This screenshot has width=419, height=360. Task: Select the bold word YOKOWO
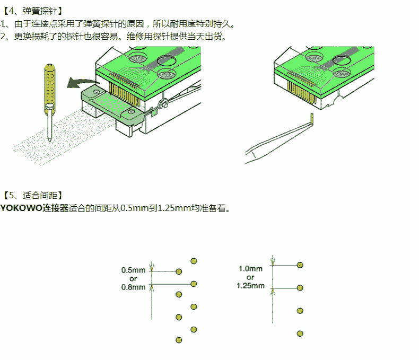[x=21, y=208]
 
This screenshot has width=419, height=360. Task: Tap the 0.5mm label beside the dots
[x=133, y=269]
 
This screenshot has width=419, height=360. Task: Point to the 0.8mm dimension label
[x=133, y=287]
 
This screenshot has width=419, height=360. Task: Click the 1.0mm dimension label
[x=250, y=268]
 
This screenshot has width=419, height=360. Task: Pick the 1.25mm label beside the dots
[x=250, y=286]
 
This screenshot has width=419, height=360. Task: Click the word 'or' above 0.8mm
[x=133, y=278]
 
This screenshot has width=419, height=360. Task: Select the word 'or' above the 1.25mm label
[x=250, y=277]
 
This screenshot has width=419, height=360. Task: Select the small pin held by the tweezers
[x=312, y=117]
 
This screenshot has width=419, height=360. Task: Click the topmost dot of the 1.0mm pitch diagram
[x=300, y=265]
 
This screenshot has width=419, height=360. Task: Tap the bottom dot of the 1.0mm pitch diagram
[x=300, y=333]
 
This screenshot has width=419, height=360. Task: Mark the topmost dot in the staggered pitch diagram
[x=194, y=260]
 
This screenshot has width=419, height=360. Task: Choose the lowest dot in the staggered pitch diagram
[x=179, y=340]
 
